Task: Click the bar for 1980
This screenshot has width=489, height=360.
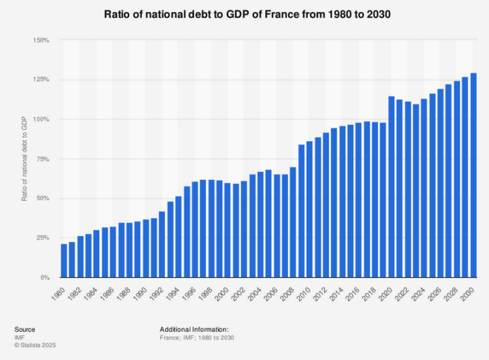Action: tap(64, 260)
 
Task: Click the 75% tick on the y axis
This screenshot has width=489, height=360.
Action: tap(42, 159)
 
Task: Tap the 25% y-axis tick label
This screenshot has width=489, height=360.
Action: tap(42, 238)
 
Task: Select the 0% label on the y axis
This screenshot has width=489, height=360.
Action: tap(44, 277)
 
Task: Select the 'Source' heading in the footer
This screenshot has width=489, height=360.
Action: tap(24, 329)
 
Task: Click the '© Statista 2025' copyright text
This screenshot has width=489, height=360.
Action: tap(34, 345)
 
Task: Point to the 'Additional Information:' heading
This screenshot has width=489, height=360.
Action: tap(194, 329)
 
